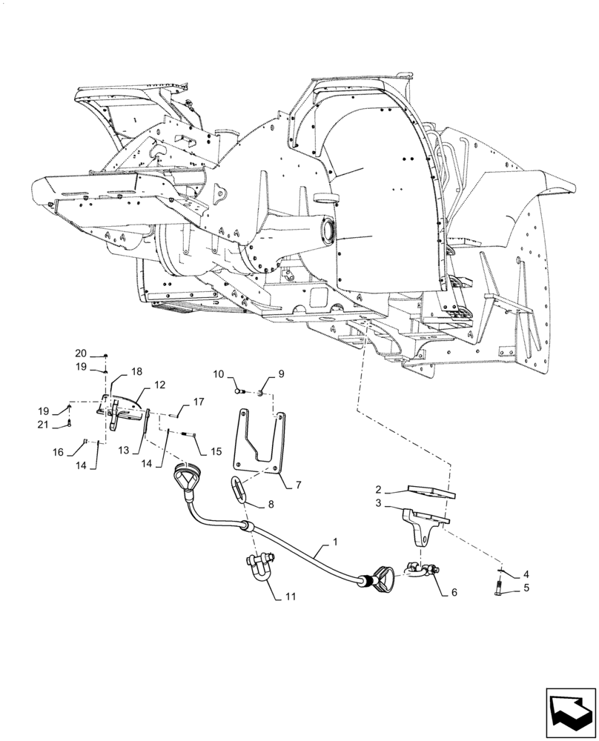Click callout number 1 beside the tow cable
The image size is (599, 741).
[x=335, y=543]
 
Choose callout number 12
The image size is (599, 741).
[x=160, y=385]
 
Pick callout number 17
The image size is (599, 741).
[x=199, y=402]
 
